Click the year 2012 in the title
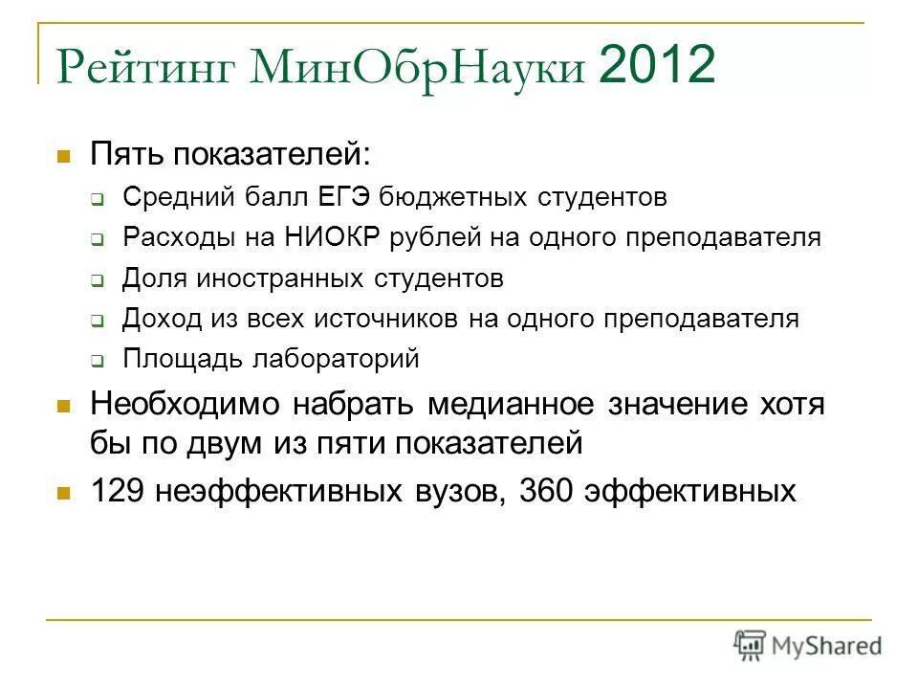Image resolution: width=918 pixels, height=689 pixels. coord(657,66)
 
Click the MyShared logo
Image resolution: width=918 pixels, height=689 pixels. coord(808,645)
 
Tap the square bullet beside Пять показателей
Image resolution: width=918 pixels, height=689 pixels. coord(64,154)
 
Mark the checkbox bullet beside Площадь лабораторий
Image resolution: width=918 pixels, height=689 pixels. coord(98,361)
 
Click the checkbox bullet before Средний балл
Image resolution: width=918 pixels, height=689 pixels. coord(98,199)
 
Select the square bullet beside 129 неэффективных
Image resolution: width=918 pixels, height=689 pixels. coord(64,493)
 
